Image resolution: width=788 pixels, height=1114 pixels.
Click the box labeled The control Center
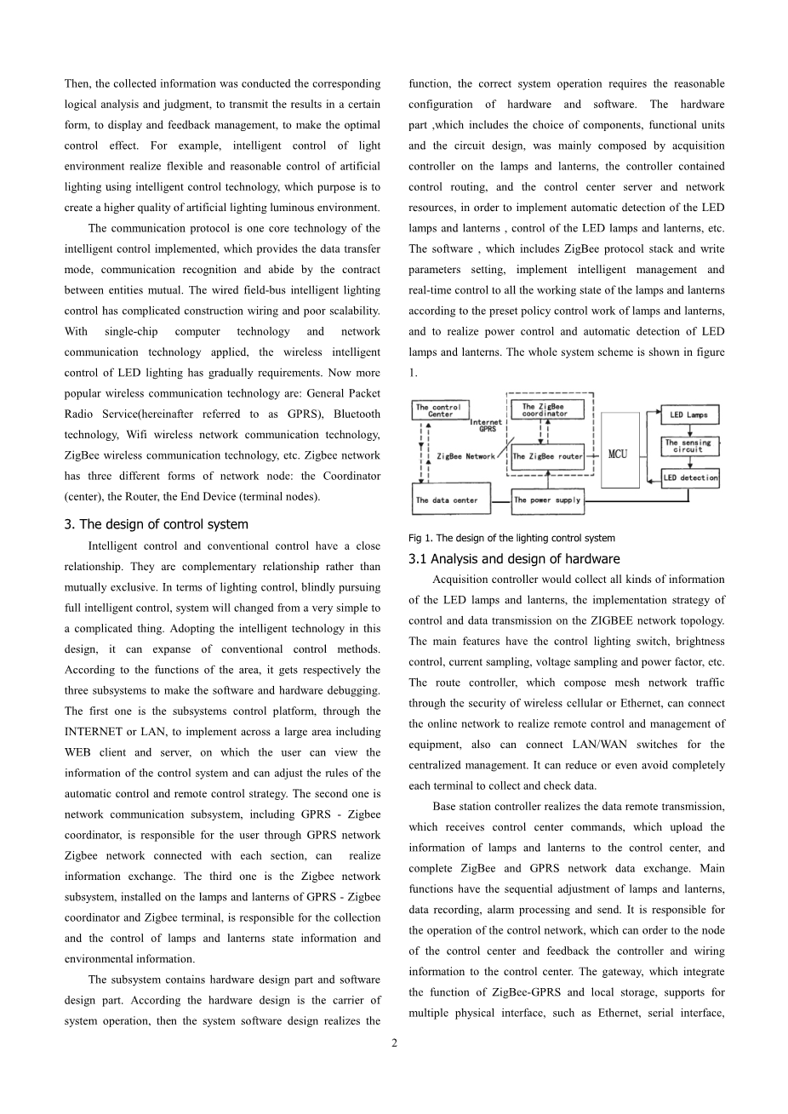(438, 410)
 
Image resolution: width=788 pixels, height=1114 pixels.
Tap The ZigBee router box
(548, 456)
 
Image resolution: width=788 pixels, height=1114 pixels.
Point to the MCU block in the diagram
(619, 453)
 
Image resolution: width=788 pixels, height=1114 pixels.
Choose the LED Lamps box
(689, 414)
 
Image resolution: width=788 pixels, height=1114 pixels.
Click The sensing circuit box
(689, 446)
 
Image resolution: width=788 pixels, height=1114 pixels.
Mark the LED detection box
(690, 477)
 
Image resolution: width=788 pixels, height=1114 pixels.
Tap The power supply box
(547, 500)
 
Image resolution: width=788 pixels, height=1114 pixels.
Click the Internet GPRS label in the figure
(486, 426)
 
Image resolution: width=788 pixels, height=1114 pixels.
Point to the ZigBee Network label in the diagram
(465, 456)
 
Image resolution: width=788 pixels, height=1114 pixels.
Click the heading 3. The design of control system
(157, 524)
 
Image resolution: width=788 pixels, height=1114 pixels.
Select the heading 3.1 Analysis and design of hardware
(514, 559)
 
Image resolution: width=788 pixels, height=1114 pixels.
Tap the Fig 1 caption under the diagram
(511, 538)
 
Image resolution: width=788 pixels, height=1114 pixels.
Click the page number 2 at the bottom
(394, 1043)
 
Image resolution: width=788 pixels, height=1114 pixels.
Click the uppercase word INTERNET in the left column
(98, 732)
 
